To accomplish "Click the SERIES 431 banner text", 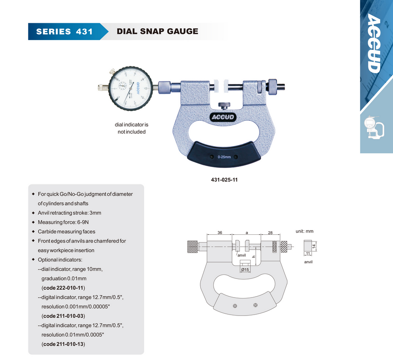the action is coord(65,32).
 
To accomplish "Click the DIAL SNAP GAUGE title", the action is coord(158,31).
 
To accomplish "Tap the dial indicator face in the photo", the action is coord(130,88).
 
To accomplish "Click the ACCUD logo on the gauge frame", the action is coord(223,117).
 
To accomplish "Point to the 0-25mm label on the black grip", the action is coord(224,157).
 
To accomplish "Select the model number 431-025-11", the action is coord(224,180).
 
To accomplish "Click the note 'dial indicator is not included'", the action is coord(132,128).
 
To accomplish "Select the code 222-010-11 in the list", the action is coord(63,288).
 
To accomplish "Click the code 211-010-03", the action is coord(63,316).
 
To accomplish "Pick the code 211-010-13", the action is coord(63,344).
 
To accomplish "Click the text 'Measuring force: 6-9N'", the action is coord(63,222).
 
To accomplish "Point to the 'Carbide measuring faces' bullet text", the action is coord(66,232).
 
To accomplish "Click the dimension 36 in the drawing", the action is coord(220,233).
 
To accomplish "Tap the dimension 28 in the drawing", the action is coord(270,233).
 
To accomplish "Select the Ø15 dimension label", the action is coord(245,270).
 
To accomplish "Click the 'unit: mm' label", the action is coord(304,231).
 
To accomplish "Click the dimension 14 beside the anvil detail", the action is coord(314,246).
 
